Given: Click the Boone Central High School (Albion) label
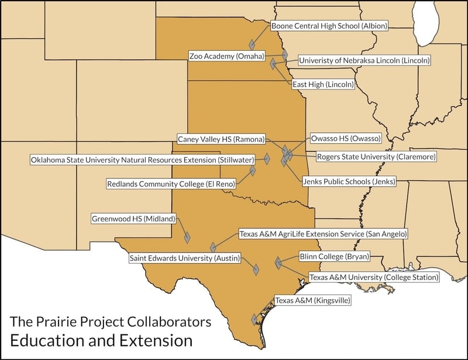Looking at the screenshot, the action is click(x=329, y=26).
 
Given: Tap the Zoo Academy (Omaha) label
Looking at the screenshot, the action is click(x=226, y=56).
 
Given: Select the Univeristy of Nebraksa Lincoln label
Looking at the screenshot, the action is click(x=364, y=60).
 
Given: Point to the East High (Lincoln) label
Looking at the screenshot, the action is click(x=323, y=84).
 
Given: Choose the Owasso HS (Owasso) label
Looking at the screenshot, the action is click(x=345, y=139).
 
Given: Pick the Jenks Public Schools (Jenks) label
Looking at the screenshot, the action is click(x=349, y=182).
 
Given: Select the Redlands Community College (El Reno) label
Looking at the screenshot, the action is click(x=171, y=184).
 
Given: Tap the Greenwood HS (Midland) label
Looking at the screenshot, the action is click(x=133, y=219).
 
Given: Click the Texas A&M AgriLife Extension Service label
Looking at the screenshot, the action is click(x=323, y=234).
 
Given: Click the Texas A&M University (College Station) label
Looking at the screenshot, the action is click(x=373, y=277).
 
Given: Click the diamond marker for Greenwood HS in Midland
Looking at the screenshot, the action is click(x=188, y=237).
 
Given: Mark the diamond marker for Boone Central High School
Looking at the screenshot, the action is click(x=252, y=44).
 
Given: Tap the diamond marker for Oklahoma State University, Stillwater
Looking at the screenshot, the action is click(x=267, y=158).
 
